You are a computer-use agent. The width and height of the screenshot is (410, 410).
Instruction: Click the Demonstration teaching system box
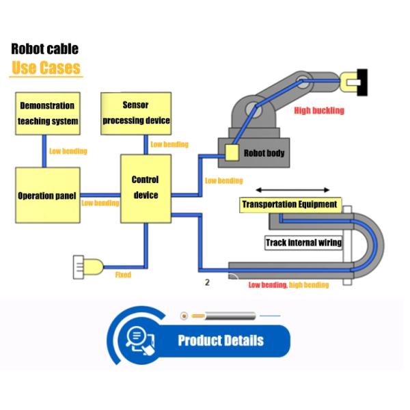47,113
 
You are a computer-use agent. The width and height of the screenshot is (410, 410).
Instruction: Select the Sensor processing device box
135,113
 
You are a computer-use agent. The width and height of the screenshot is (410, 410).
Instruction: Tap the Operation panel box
47,195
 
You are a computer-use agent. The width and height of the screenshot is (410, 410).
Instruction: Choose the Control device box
146,188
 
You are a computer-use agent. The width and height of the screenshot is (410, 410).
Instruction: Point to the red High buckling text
318,110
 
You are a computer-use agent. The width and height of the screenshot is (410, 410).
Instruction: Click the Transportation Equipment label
289,204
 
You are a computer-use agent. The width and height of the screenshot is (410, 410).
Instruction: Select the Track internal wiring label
303,243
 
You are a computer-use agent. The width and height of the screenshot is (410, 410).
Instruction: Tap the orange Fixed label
123,275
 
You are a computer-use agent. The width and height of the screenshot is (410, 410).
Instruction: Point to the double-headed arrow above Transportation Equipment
292,191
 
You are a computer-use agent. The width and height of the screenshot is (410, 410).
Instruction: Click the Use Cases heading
46,68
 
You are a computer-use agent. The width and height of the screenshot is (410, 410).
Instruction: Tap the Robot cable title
44,49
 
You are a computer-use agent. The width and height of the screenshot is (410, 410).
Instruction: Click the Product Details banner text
220,340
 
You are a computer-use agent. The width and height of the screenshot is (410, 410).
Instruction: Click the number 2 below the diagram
206,281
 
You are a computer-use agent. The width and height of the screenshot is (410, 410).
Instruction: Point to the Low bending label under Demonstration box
68,151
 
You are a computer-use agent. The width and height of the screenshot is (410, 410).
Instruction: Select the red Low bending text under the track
267,285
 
